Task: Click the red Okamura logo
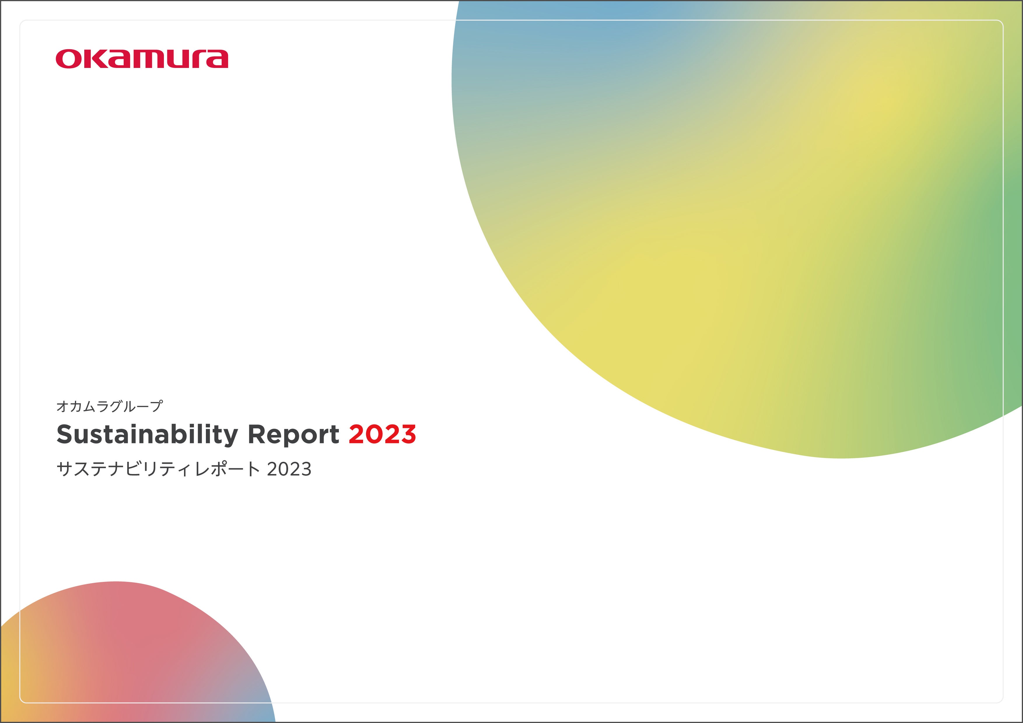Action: (142, 59)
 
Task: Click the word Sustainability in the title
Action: (147, 434)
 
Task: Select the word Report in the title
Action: (293, 434)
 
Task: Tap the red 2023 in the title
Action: (382, 434)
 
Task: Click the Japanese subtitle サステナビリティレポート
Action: (158, 469)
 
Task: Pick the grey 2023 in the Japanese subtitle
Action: (289, 469)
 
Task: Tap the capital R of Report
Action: (257, 434)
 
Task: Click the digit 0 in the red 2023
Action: (374, 434)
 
